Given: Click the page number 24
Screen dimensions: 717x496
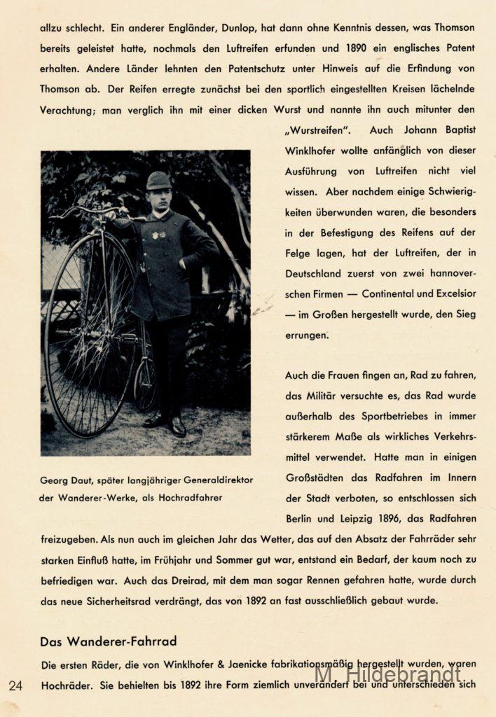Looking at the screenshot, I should (15, 685).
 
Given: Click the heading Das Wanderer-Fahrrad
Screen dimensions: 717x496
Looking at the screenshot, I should (108, 641).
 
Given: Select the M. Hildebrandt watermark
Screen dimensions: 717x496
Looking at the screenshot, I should (388, 674).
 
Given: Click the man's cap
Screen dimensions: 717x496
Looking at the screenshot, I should (158, 180).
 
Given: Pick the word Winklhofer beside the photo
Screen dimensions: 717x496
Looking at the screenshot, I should (315, 151).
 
